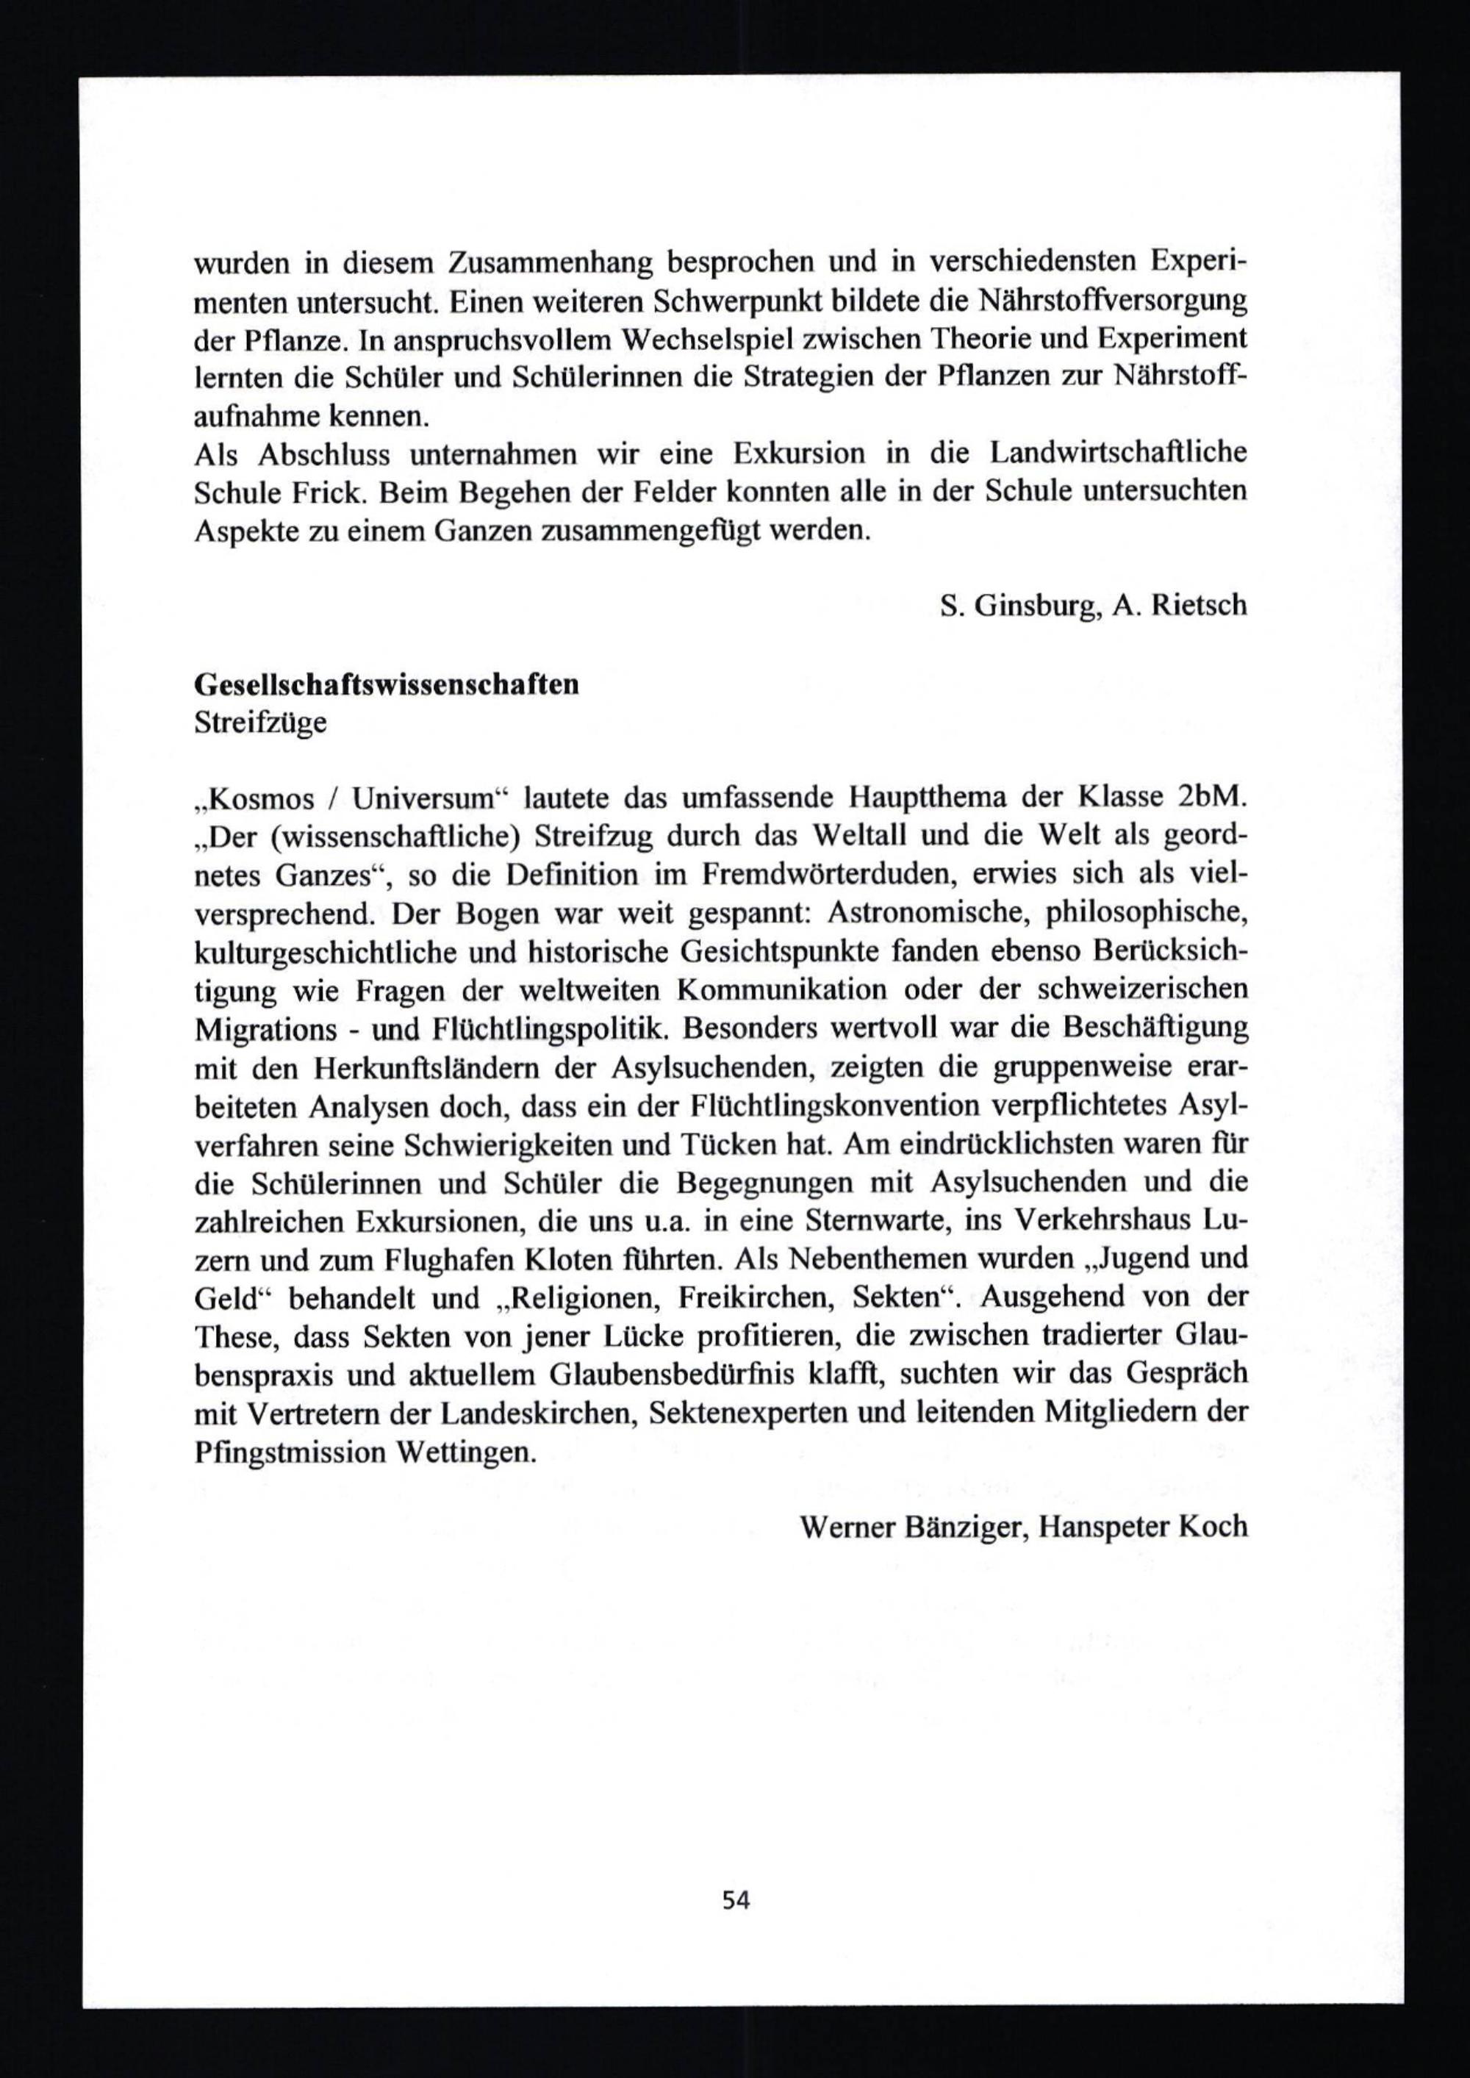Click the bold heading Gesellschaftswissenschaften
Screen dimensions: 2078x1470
click(x=387, y=684)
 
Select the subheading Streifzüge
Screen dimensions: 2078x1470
click(x=261, y=724)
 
